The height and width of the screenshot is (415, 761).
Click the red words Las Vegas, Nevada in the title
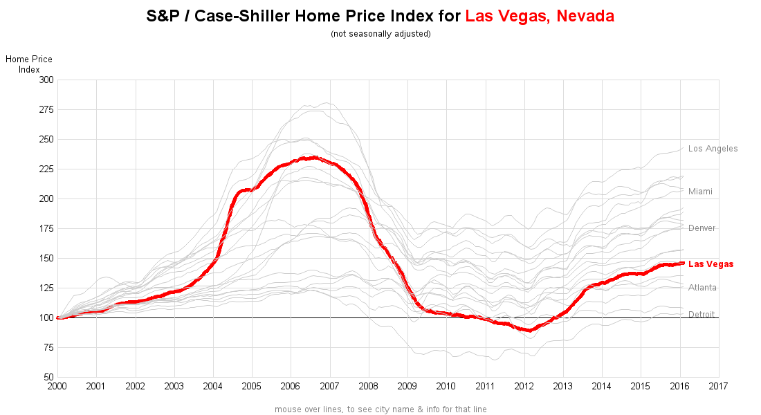pos(540,16)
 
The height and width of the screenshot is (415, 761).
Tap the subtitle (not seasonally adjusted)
pos(380,34)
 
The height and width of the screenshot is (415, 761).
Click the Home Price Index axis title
pos(29,64)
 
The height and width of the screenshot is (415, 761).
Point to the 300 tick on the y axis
pos(46,80)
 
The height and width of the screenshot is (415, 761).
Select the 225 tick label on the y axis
pos(46,169)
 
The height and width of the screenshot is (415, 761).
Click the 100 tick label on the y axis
pos(46,317)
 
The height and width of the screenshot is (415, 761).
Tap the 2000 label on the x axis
pos(57,385)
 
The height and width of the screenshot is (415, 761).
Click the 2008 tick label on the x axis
pos(369,385)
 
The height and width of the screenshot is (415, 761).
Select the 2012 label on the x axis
pos(524,385)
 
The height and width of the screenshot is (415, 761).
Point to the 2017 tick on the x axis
pos(719,385)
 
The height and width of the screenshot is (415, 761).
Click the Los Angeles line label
pos(713,149)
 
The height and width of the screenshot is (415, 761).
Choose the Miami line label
pos(700,192)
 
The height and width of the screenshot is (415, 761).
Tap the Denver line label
pos(702,228)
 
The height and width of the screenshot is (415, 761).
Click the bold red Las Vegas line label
pos(710,264)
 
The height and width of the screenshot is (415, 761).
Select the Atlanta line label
pos(702,288)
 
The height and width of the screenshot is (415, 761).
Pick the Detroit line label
pos(702,315)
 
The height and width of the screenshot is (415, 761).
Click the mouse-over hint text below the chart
pos(380,409)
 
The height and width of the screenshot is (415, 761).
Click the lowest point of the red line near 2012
pos(529,331)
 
